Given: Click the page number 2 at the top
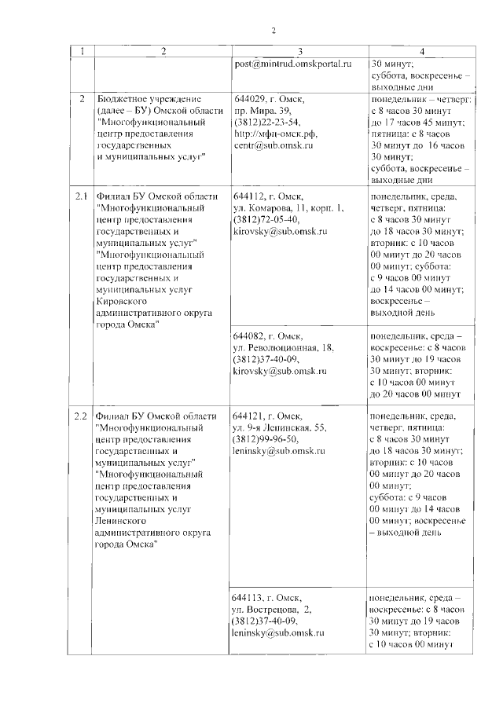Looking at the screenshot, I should coord(274,30).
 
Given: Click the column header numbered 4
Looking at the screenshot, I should coord(422,52).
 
